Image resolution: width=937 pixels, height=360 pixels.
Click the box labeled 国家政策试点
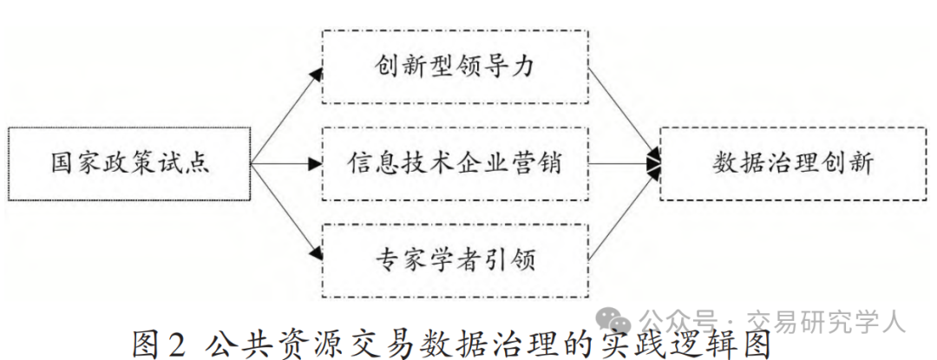128,163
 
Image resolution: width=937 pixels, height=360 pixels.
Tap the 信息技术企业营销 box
455,162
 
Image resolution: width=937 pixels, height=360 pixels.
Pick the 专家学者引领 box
455,258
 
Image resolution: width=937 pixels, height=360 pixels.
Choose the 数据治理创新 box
792,163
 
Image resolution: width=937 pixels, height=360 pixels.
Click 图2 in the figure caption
159,342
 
